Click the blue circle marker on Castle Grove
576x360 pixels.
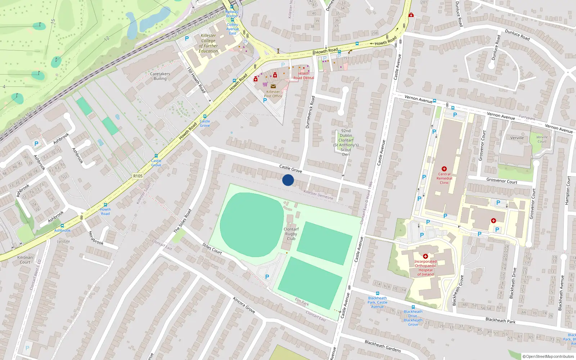coord(288,180)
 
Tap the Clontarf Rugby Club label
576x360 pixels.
coord(291,234)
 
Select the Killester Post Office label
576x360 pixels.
coord(273,94)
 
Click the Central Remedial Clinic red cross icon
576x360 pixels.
coord(444,169)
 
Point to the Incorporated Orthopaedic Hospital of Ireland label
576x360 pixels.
coord(425,268)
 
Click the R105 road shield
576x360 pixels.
coord(138,176)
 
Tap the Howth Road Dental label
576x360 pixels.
coord(303,76)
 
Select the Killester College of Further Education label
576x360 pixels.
coord(208,43)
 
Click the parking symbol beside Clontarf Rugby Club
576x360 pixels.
coord(267,277)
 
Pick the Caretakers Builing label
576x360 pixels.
coord(160,76)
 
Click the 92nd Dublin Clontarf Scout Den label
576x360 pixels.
coord(346,143)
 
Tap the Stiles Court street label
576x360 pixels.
coord(212,248)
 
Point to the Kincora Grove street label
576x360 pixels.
coord(244,305)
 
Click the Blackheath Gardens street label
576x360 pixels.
coord(383,346)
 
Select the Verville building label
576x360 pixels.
coord(517,138)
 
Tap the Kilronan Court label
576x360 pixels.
coord(25,260)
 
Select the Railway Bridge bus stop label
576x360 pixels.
coord(232,14)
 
